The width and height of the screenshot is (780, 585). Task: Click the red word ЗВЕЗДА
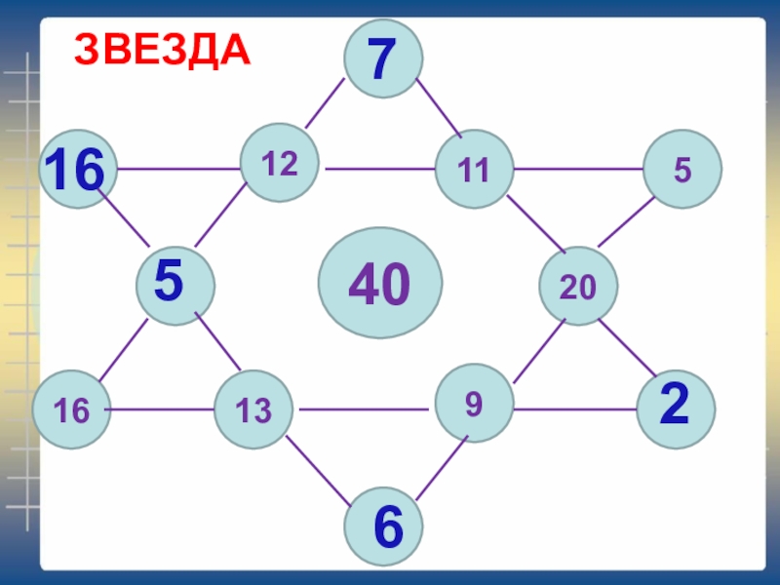[164, 50]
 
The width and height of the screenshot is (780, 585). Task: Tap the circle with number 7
[382, 58]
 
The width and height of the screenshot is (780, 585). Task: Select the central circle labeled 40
[381, 283]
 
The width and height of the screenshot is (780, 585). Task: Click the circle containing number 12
[280, 164]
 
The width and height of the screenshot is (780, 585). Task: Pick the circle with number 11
[474, 170]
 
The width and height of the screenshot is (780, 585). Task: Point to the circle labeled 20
[578, 285]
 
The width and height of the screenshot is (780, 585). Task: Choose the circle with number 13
[253, 409]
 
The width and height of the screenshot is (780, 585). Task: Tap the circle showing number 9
[474, 404]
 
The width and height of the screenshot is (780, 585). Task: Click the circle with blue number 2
[675, 409]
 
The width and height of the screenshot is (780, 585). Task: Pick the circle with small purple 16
[71, 409]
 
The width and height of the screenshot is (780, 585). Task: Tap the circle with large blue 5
[175, 284]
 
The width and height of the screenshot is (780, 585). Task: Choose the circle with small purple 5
[682, 170]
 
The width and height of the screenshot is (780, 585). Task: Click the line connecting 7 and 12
[325, 103]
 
